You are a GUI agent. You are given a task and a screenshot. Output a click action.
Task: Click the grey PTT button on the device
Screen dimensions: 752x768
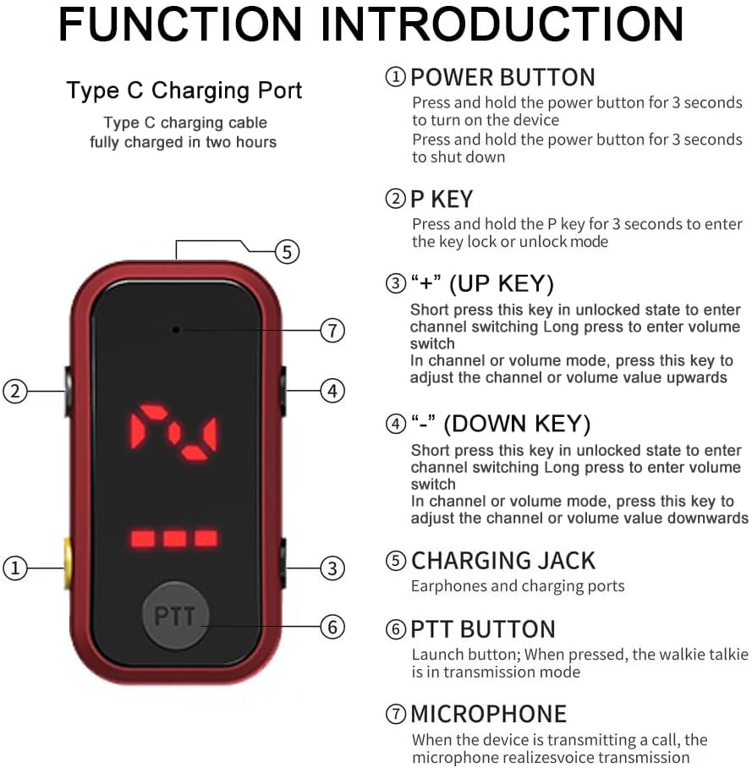click(x=175, y=615)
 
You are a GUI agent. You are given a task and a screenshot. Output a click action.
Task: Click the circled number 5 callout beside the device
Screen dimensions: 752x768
click(x=287, y=252)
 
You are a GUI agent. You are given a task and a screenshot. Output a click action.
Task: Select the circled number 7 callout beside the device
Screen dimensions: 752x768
click(x=332, y=330)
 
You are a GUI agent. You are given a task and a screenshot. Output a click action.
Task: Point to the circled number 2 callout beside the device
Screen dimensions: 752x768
click(x=15, y=392)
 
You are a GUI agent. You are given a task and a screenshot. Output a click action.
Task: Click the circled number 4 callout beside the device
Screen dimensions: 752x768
click(x=332, y=391)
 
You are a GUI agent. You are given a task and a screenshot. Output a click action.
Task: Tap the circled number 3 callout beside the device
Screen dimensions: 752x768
click(x=332, y=568)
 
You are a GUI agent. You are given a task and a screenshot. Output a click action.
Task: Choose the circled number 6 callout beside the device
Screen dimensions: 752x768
click(x=332, y=627)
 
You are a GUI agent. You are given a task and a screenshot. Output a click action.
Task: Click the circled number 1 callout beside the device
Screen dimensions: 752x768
click(x=15, y=568)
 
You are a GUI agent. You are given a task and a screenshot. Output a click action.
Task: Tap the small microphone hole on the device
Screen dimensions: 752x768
click(x=176, y=330)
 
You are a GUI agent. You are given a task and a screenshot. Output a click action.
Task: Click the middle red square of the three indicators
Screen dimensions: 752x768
click(x=174, y=538)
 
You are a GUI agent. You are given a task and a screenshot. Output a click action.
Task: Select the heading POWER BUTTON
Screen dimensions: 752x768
click(x=502, y=77)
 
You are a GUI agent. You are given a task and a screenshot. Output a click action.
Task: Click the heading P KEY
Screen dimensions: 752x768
click(x=442, y=199)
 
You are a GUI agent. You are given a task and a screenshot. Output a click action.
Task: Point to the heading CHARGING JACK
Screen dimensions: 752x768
click(x=503, y=560)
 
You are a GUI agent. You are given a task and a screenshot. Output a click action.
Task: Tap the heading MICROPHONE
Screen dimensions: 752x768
click(x=488, y=714)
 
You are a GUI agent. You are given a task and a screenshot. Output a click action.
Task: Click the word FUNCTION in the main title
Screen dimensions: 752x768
click(x=180, y=24)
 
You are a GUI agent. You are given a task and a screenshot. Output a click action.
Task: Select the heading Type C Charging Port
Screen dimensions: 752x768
click(x=184, y=91)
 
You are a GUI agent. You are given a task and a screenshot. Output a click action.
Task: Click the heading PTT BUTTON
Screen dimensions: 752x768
click(x=483, y=629)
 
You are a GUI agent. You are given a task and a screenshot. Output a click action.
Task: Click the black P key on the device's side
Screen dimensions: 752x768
click(x=69, y=391)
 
